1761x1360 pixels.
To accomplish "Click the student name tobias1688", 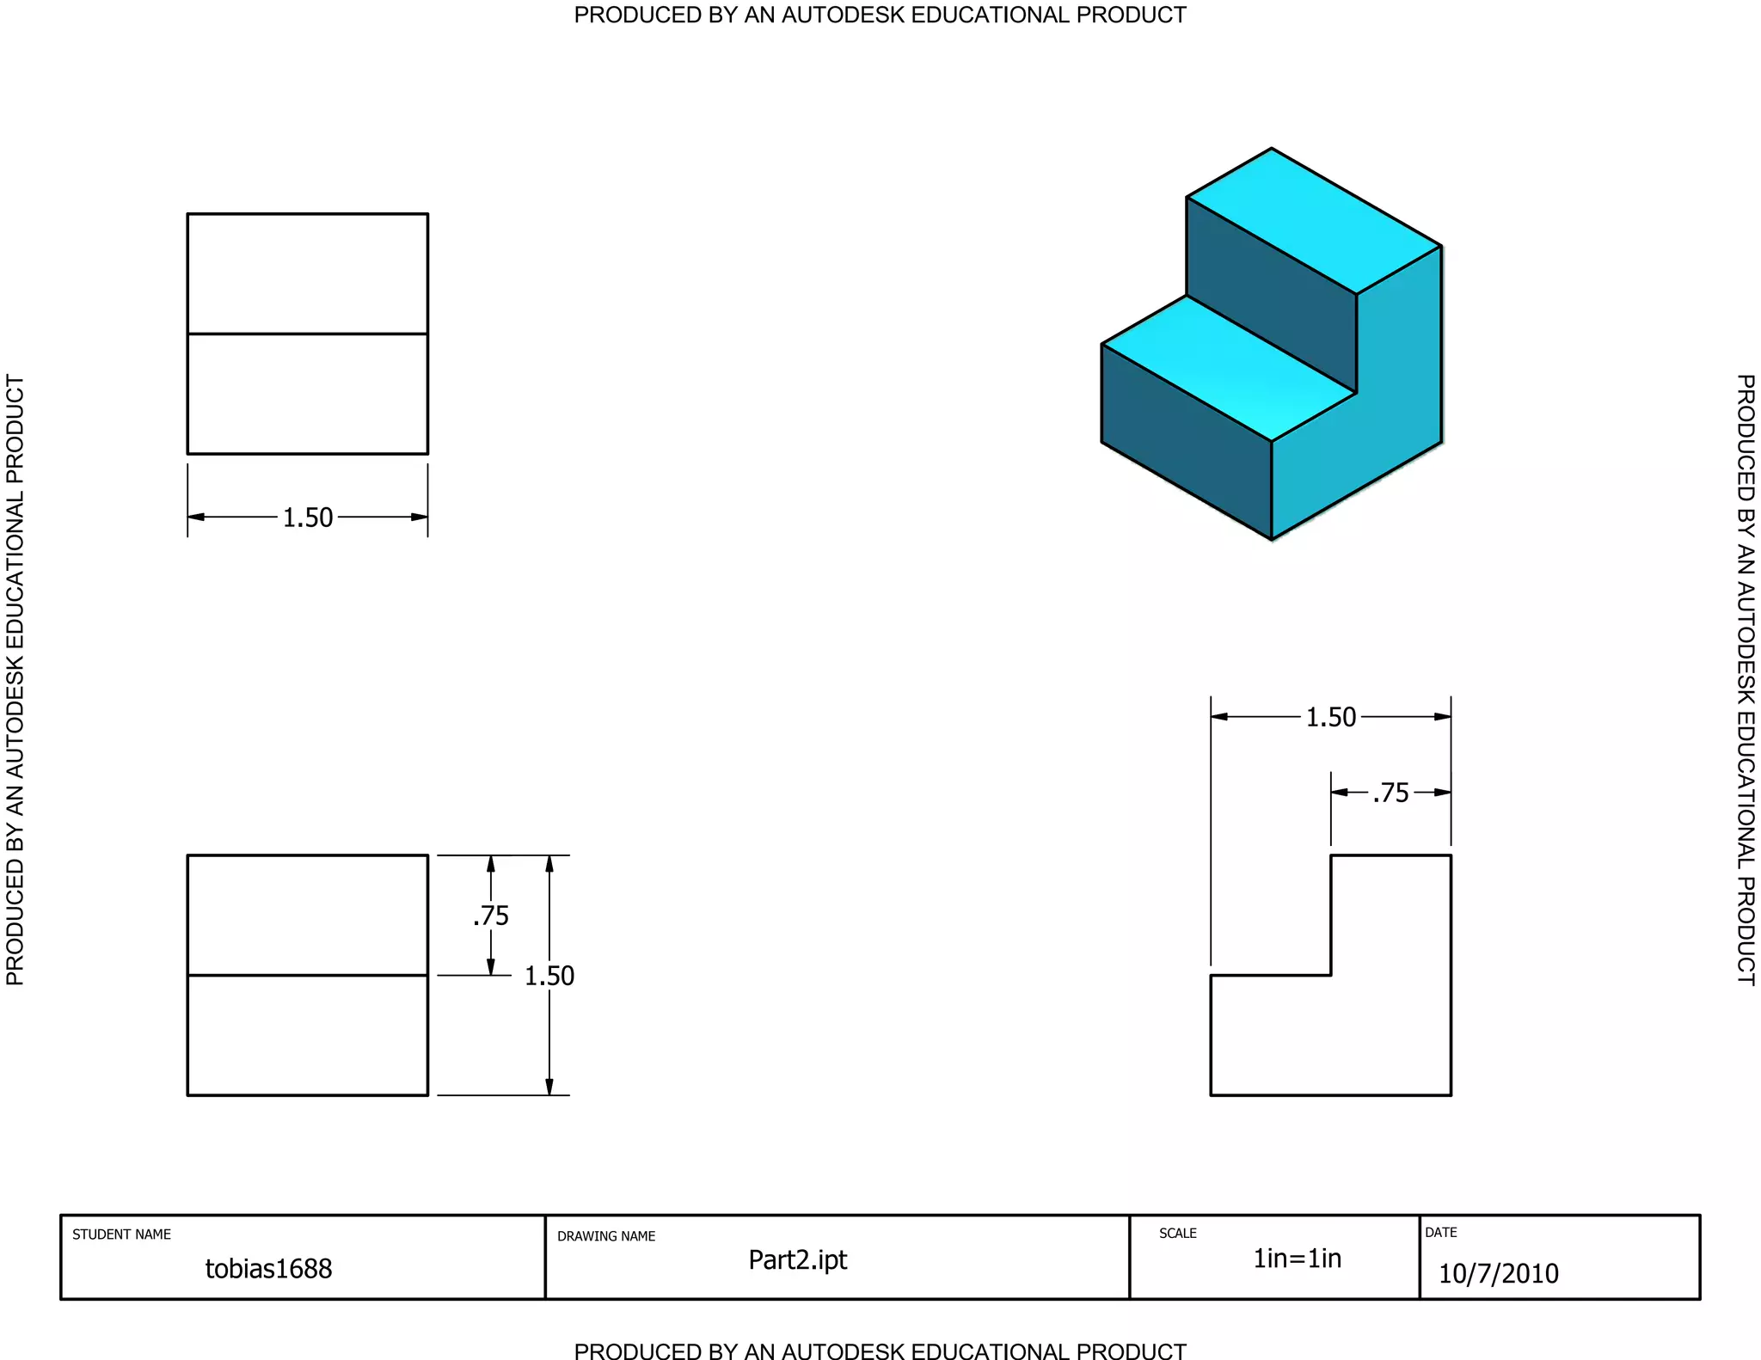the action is pyautogui.click(x=268, y=1268).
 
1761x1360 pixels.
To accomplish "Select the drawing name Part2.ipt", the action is pyautogui.click(x=797, y=1259).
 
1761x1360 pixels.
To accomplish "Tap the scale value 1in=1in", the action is pyautogui.click(x=1297, y=1259).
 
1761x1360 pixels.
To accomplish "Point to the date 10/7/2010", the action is pyautogui.click(x=1498, y=1273).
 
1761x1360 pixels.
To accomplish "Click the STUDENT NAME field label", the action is pyautogui.click(x=121, y=1234).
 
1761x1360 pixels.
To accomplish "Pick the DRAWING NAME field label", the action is pyautogui.click(x=606, y=1236).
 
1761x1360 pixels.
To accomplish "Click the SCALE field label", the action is pyautogui.click(x=1177, y=1233).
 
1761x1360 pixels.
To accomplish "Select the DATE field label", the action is pyautogui.click(x=1441, y=1232).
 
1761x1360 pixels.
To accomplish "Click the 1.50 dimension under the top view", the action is pyautogui.click(x=308, y=518).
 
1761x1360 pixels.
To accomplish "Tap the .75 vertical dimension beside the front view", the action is pyautogui.click(x=491, y=916).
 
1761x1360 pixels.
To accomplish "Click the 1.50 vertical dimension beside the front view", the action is pyautogui.click(x=549, y=976).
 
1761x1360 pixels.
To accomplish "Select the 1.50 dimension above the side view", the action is pyautogui.click(x=1330, y=717).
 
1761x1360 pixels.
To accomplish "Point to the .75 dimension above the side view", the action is pyautogui.click(x=1391, y=793).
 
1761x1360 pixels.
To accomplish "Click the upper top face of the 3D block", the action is pyautogui.click(x=1314, y=221).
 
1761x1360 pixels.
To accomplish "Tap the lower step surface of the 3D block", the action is pyautogui.click(x=1229, y=368).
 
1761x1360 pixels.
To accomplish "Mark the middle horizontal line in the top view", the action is pyautogui.click(x=308, y=334).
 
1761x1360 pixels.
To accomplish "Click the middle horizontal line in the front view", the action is pyautogui.click(x=308, y=975).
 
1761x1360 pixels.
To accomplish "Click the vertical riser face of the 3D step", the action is pyautogui.click(x=1271, y=295).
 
